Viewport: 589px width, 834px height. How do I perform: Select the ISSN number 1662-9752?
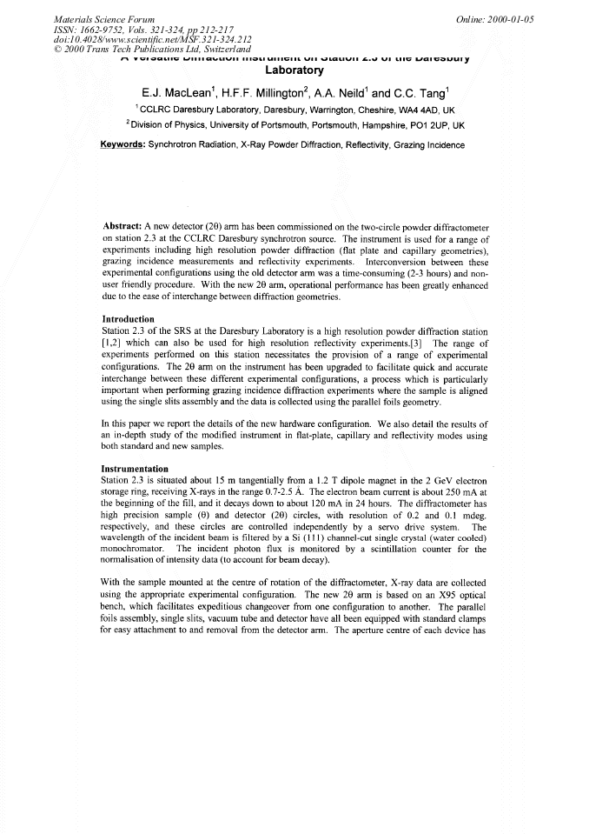[x=109, y=28]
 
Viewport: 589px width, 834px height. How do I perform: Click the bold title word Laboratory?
[x=294, y=70]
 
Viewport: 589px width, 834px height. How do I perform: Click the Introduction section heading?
[x=128, y=319]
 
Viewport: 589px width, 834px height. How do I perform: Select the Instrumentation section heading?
[x=135, y=469]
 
